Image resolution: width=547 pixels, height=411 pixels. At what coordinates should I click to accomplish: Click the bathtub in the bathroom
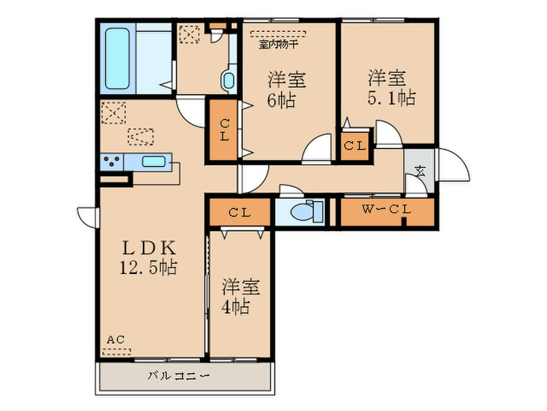[x=117, y=59]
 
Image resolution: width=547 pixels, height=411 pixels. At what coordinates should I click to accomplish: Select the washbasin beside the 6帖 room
[x=228, y=81]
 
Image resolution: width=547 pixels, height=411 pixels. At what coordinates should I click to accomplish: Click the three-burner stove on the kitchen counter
[x=112, y=162]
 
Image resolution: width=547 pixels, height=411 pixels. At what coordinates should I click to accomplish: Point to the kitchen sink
[x=153, y=162]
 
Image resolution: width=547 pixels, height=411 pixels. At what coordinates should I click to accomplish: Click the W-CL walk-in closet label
[x=387, y=209]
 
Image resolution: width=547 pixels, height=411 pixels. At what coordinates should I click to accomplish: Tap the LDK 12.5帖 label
[x=148, y=258]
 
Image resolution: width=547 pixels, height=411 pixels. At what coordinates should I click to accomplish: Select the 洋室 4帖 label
[x=241, y=297]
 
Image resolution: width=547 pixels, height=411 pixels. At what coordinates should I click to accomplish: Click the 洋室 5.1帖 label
[x=391, y=88]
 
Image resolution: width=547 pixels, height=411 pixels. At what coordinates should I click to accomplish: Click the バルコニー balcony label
[x=179, y=377]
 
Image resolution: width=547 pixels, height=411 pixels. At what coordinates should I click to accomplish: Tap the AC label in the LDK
[x=116, y=339]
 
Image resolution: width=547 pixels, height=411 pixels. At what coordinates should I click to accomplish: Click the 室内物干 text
[x=278, y=45]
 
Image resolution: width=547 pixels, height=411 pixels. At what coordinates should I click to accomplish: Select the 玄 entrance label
[x=420, y=171]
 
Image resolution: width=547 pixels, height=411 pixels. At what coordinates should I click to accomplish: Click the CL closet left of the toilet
[x=240, y=212]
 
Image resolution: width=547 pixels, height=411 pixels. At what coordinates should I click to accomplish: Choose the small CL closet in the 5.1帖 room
[x=355, y=146]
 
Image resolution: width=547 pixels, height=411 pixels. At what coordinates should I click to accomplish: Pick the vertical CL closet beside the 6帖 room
[x=224, y=130]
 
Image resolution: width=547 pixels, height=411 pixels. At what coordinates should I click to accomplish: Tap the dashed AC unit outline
[x=116, y=352]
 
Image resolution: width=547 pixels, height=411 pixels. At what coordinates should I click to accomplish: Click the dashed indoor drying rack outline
[x=278, y=34]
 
